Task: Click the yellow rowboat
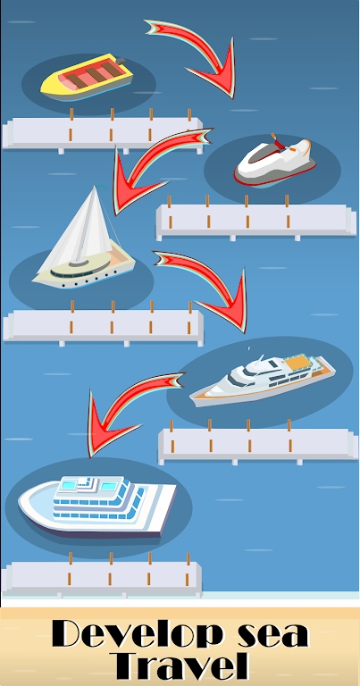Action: pos(88,76)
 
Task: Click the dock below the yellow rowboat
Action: pos(103,132)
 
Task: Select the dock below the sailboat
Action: pos(103,325)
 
